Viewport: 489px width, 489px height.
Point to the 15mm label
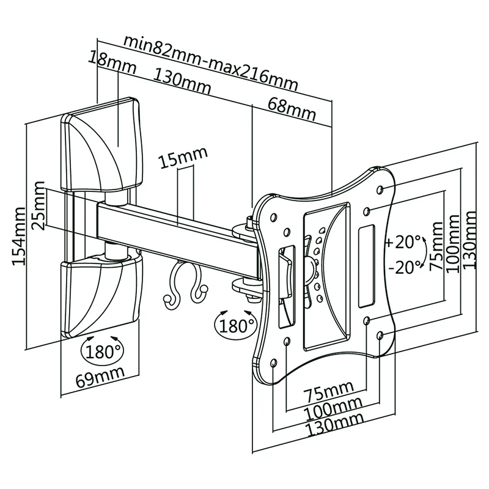182,161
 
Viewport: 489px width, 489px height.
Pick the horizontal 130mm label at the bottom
333,422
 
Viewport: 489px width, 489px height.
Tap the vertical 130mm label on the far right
470,240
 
